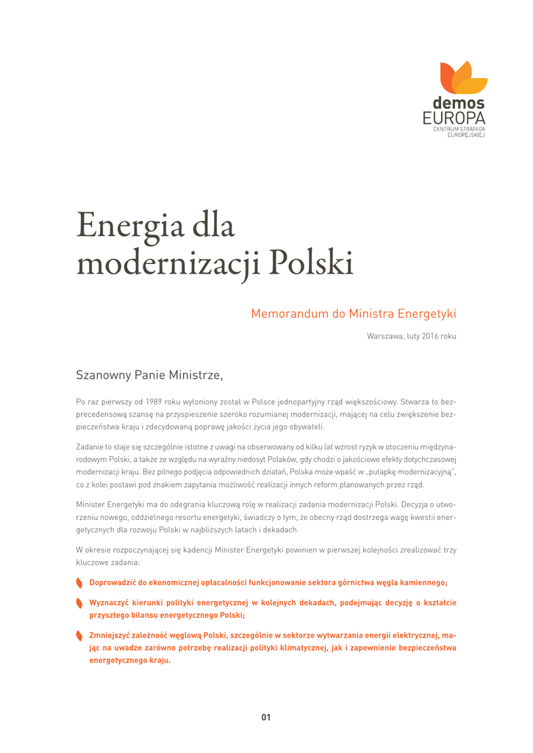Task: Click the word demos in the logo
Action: click(458, 104)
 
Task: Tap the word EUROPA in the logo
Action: click(454, 118)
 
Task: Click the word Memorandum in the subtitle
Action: click(287, 314)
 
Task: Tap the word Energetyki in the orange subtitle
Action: click(427, 314)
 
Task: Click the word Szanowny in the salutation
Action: click(102, 376)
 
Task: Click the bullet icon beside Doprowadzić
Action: click(79, 583)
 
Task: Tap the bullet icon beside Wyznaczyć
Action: click(79, 603)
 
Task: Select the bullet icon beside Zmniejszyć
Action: click(79, 635)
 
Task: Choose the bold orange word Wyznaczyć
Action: click(110, 602)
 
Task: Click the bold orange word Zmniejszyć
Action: click(110, 635)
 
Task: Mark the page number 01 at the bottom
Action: click(266, 717)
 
